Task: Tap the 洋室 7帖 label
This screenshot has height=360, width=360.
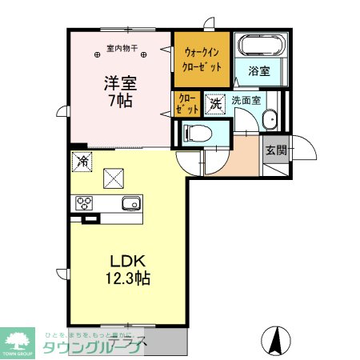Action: click(x=117, y=91)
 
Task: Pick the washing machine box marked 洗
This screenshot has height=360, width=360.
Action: click(x=215, y=102)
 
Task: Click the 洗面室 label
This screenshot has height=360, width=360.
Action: click(x=247, y=102)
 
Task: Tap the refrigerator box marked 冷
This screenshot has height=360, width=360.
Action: click(x=82, y=161)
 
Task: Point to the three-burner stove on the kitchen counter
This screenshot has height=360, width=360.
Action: click(x=85, y=203)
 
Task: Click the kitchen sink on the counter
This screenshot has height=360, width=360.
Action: click(x=130, y=203)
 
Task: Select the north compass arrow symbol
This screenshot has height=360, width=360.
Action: click(x=274, y=342)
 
